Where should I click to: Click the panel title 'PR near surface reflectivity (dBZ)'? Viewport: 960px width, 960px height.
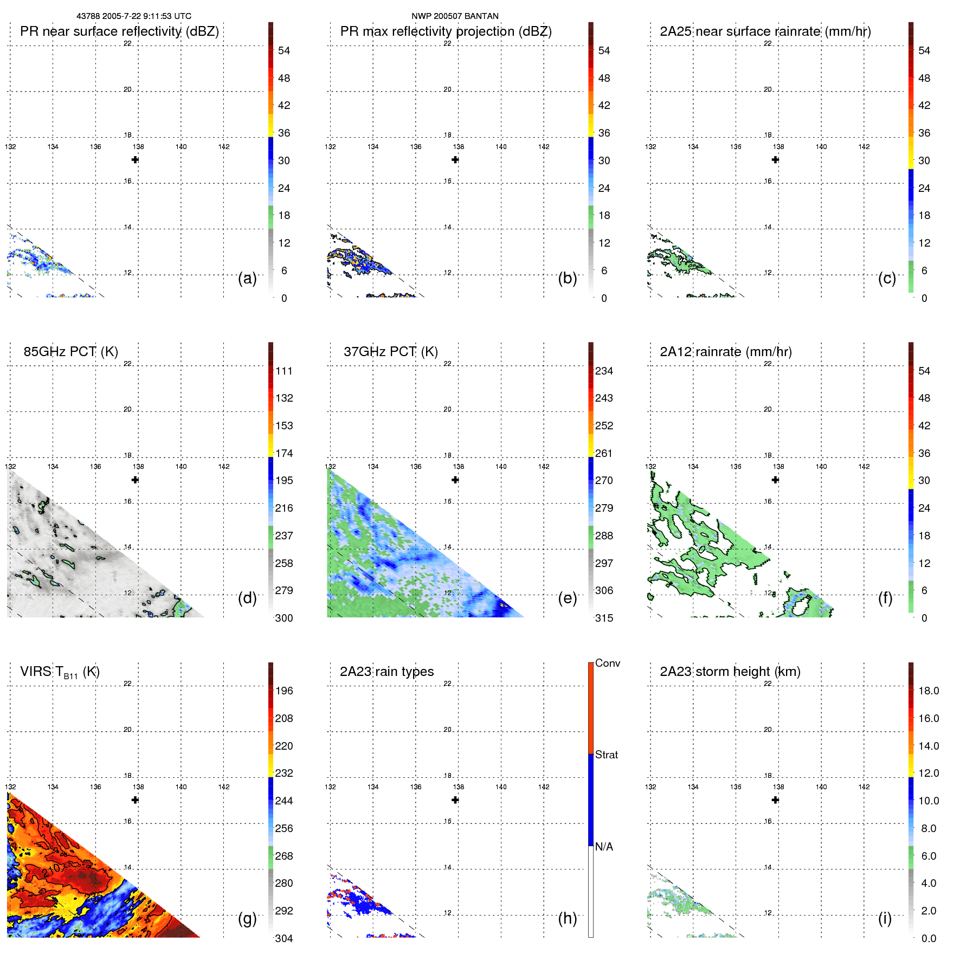point(119,31)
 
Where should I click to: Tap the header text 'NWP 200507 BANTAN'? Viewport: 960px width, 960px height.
point(455,16)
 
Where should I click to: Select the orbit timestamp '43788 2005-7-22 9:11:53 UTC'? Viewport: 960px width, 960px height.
point(134,16)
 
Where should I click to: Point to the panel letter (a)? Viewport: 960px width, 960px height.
point(247,278)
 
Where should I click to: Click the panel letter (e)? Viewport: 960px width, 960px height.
point(568,598)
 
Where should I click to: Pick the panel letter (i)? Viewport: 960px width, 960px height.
point(885,918)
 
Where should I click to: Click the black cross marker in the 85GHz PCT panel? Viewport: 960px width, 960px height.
point(136,480)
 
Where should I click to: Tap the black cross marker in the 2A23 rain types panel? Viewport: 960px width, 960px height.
point(455,800)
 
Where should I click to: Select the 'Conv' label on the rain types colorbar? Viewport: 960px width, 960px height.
point(608,663)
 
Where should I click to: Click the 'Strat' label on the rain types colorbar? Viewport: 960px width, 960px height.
point(607,755)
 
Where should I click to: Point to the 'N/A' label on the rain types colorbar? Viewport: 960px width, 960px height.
point(604,847)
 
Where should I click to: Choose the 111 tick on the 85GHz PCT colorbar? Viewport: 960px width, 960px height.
point(284,371)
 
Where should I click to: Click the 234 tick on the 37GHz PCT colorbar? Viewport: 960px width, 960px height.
point(604,371)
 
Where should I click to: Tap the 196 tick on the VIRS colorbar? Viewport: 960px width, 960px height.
point(284,691)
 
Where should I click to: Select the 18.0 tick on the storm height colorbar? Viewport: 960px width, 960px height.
point(929,691)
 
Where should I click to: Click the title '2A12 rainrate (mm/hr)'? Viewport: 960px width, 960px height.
point(726,352)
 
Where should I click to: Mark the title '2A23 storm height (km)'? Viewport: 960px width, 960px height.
point(730,672)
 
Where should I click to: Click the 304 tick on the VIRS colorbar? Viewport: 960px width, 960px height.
point(284,938)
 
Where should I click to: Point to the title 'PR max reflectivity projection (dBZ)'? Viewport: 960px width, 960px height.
point(446,31)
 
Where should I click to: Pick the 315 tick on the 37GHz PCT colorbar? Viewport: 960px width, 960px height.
point(604,618)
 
